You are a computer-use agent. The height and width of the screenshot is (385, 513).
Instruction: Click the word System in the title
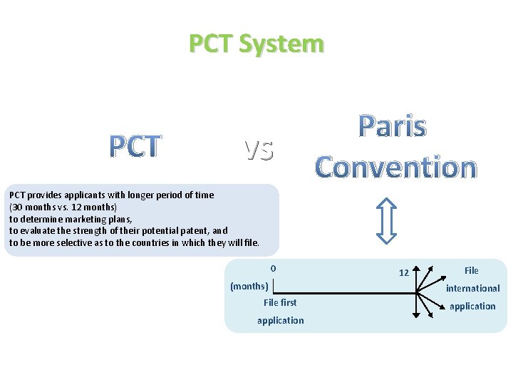click(281, 43)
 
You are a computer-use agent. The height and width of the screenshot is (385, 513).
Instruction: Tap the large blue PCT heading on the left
click(135, 146)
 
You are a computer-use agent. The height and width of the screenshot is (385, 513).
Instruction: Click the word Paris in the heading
click(393, 127)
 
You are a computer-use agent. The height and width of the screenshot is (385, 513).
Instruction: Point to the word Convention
click(395, 167)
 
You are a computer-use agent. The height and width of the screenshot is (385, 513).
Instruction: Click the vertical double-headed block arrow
click(386, 221)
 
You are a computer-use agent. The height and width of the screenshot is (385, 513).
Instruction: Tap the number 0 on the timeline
click(273, 269)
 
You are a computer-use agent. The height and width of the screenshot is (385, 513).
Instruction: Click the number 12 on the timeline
click(403, 273)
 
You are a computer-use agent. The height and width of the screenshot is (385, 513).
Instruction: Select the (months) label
click(249, 287)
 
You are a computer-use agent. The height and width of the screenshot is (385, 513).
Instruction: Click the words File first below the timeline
click(280, 302)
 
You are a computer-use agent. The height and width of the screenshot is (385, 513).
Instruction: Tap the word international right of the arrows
click(472, 288)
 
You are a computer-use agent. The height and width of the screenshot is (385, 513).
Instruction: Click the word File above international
click(471, 270)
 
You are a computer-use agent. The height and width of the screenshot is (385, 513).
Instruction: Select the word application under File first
click(280, 320)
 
